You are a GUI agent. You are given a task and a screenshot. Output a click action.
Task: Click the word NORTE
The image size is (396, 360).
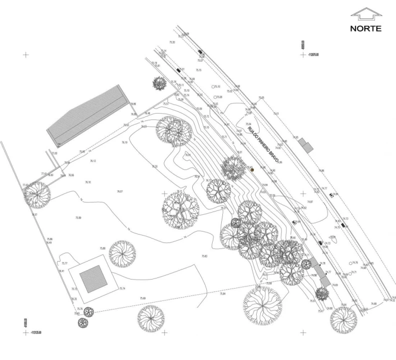point(366,28)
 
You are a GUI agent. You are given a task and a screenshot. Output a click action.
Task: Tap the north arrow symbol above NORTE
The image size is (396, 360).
point(366,14)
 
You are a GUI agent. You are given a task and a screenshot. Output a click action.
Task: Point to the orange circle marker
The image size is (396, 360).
point(252,170)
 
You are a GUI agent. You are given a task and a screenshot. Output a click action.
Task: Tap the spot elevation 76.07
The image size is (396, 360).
point(120,191)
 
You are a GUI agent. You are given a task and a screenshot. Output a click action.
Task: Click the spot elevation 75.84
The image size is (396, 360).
point(223,293)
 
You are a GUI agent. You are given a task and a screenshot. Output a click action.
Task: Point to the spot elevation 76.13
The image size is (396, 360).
point(93,161)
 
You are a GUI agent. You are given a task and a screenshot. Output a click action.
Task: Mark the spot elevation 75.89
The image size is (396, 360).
point(78,218)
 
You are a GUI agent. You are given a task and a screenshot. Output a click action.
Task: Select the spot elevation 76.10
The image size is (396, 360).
point(88,182)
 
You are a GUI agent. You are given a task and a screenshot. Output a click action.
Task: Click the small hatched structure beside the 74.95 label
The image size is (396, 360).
point(308,146)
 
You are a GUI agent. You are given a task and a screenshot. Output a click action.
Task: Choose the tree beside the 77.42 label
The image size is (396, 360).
point(38,195)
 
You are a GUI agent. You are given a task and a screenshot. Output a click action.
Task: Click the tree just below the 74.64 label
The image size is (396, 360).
point(343,319)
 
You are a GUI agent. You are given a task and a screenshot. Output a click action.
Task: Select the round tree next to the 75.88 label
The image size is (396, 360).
point(122,254)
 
